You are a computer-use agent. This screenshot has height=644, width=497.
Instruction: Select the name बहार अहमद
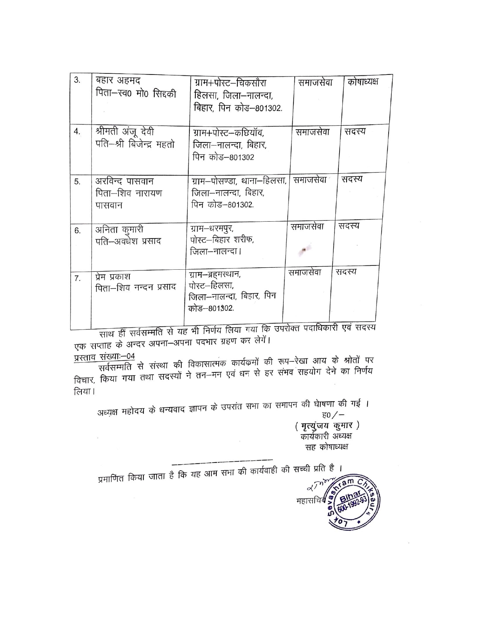click(x=119, y=81)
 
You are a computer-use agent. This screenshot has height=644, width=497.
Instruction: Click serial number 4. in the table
click(x=77, y=132)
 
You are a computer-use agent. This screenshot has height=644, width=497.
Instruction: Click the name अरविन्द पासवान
click(x=125, y=181)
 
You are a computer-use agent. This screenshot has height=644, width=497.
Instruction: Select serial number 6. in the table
click(x=78, y=231)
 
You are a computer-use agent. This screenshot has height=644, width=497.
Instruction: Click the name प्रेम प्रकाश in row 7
click(x=113, y=277)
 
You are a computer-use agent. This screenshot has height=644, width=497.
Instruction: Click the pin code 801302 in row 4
click(x=242, y=157)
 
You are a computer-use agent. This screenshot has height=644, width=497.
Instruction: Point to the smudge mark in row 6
click(x=305, y=250)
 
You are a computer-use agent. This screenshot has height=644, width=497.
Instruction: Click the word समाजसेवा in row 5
click(x=310, y=180)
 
